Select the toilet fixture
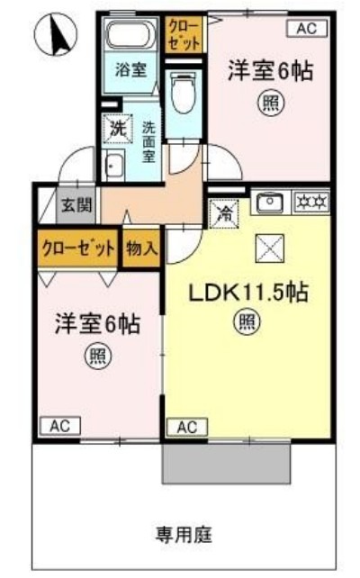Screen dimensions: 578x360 [x=182, y=95]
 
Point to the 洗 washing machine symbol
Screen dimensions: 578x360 [x=118, y=128]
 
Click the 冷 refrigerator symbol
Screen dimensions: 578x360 [x=223, y=214]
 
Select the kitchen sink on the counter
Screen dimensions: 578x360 [x=269, y=203]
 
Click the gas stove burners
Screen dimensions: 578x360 [x=310, y=202]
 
